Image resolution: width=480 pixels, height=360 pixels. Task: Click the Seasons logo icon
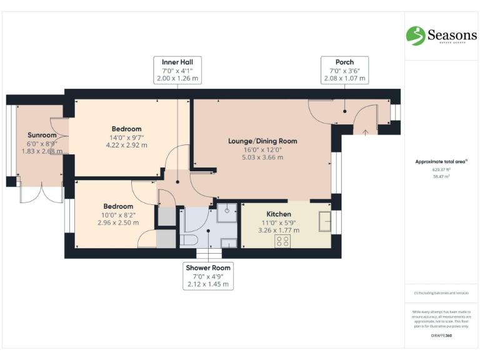416,36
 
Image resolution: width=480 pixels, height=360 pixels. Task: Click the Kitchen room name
279,213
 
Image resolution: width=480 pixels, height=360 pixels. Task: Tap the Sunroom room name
42,135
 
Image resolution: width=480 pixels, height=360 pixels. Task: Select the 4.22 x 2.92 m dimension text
127,145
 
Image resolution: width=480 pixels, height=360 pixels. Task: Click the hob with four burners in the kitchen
282,241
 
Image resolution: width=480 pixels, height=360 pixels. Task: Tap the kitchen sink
324,221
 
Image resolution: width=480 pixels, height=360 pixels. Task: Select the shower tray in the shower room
226,213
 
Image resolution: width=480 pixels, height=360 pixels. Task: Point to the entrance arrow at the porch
366,131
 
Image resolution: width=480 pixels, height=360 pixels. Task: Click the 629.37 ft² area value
441,169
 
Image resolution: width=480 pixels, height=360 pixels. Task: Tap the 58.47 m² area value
441,177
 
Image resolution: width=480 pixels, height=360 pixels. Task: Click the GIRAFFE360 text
441,336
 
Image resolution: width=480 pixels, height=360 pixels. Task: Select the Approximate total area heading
441,161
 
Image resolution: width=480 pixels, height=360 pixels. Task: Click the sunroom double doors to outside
41,193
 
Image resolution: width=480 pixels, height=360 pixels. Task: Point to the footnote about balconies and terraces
441,293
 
